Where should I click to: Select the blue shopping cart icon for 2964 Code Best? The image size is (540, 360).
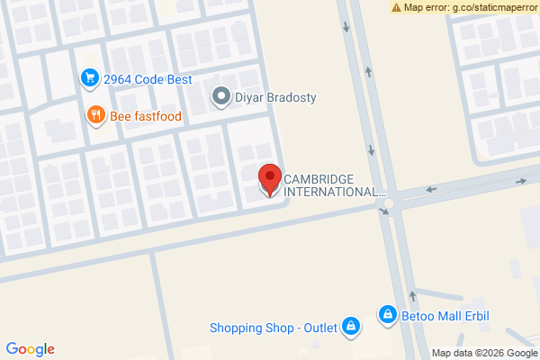click(88, 78)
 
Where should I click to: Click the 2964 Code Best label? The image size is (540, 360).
click(148, 78)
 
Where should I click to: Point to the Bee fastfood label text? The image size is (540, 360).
click(146, 115)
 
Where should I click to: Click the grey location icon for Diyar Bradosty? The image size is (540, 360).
click(220, 96)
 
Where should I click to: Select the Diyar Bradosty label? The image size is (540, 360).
click(275, 97)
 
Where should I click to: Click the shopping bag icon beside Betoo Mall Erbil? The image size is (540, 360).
click(387, 314)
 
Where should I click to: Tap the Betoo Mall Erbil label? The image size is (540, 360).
click(447, 314)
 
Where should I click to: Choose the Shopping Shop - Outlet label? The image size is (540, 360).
click(273, 327)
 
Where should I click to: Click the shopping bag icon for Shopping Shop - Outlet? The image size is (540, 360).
click(352, 326)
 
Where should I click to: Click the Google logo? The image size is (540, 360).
click(31, 349)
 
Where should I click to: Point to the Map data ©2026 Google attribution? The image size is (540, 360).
click(484, 353)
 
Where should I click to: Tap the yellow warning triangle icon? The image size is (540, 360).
click(396, 7)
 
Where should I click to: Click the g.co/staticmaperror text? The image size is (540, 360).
click(488, 7)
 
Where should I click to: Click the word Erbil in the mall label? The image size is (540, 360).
click(483, 314)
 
